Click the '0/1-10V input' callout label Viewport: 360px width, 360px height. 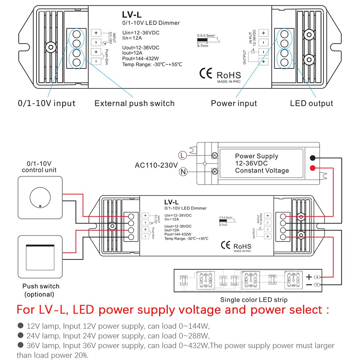pyautogui.click(x=47, y=103)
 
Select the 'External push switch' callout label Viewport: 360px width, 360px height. pyautogui.click(x=134, y=103)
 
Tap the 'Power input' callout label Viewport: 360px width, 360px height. pyautogui.click(x=234, y=103)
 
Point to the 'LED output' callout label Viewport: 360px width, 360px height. pyautogui.click(x=312, y=103)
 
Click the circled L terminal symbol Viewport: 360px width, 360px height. pyautogui.click(x=183, y=156)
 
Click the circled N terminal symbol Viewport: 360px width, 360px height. pyautogui.click(x=183, y=172)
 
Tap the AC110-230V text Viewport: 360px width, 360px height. pyautogui.click(x=156, y=165)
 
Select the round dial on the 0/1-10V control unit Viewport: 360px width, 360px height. pyautogui.click(x=39, y=198)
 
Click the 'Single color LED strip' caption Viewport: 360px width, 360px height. pyautogui.click(x=254, y=300)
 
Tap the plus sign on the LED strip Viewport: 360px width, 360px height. pyautogui.click(x=309, y=277)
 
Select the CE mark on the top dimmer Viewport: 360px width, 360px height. pyautogui.click(x=206, y=73)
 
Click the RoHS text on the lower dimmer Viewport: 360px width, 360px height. pyautogui.click(x=242, y=246)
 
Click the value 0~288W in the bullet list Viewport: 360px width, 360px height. pyautogui.click(x=194, y=336)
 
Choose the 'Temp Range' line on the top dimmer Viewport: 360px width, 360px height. pyautogui.click(x=152, y=64)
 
